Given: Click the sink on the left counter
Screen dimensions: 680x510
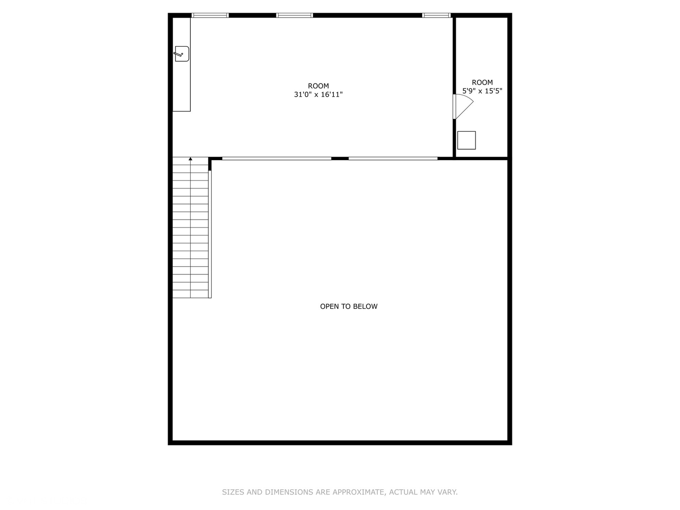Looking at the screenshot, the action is click(x=181, y=54).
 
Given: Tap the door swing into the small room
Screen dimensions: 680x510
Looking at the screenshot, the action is click(x=463, y=107).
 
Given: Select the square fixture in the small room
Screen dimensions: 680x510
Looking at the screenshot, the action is click(x=467, y=140).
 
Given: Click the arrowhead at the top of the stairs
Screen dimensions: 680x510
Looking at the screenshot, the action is click(x=190, y=159).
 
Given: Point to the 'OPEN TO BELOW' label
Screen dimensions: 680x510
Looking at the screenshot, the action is click(x=349, y=306).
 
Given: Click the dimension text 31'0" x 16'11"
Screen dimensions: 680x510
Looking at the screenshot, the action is click(x=318, y=94).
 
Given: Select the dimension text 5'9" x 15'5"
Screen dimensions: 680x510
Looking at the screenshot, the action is click(x=482, y=91).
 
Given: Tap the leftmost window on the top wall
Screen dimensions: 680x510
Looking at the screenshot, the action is click(x=210, y=16).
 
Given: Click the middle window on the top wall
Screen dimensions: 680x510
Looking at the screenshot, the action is click(x=295, y=16).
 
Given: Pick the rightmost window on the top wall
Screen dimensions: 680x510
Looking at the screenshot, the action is click(x=436, y=16).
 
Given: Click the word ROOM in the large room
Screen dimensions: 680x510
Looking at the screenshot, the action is click(x=318, y=86).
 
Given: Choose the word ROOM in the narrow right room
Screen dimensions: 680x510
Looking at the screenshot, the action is click(x=482, y=82).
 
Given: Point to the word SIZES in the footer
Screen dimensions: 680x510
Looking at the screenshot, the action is click(x=233, y=492).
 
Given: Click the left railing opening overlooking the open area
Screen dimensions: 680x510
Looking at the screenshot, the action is click(x=277, y=159).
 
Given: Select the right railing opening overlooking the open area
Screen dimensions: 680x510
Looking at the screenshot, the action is click(x=393, y=159).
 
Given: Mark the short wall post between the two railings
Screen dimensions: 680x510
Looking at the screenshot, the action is click(x=340, y=159).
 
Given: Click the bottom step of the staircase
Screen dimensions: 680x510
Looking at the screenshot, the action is click(x=190, y=294).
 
